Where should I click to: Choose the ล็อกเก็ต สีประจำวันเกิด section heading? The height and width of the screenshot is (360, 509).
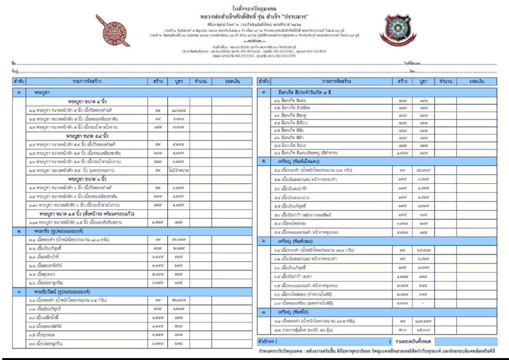click(x=312, y=92)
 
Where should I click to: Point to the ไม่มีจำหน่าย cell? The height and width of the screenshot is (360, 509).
click(x=182, y=171)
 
